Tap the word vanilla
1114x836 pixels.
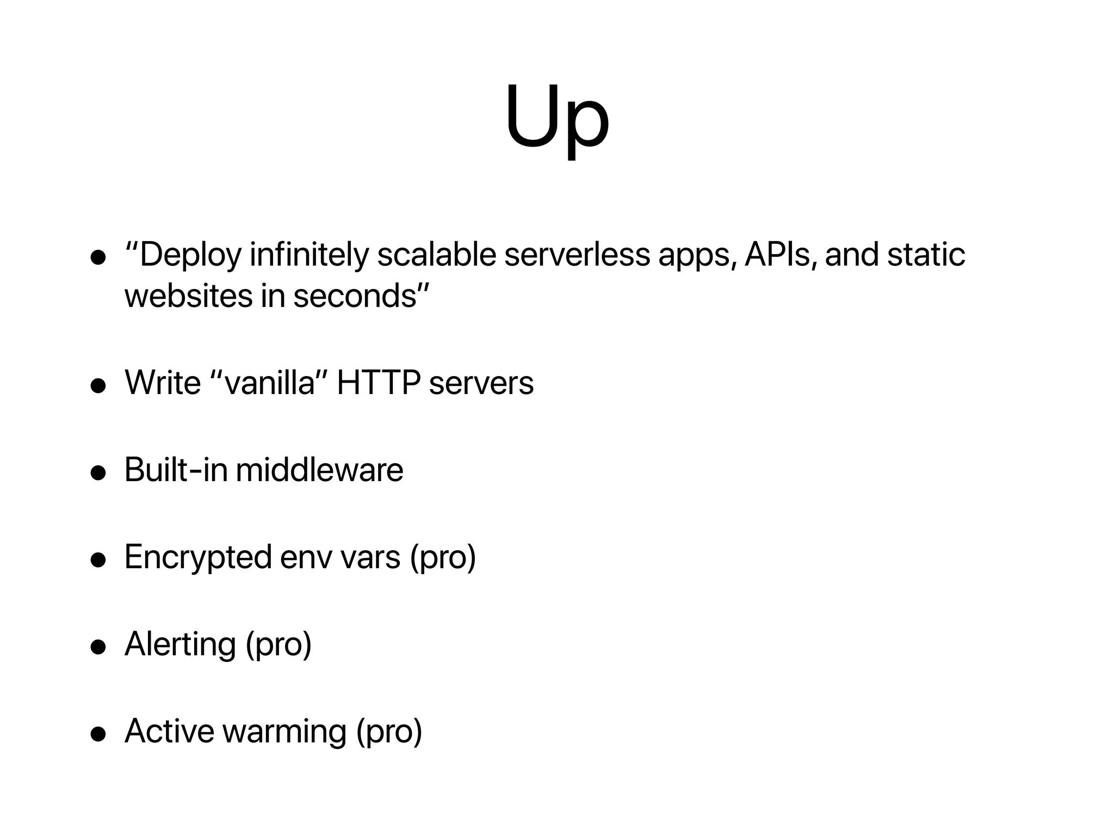click(270, 383)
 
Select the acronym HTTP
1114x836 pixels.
click(379, 383)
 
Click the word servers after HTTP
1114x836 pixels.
click(481, 383)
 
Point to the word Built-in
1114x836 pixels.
click(176, 470)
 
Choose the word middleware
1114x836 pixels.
click(319, 470)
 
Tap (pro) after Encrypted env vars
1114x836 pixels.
click(443, 558)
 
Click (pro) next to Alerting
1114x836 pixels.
click(278, 645)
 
